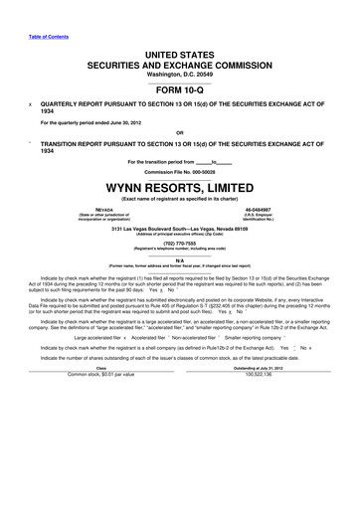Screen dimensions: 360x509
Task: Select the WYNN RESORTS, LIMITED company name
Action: (180, 185)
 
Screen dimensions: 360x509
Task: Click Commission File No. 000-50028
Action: (180, 170)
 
